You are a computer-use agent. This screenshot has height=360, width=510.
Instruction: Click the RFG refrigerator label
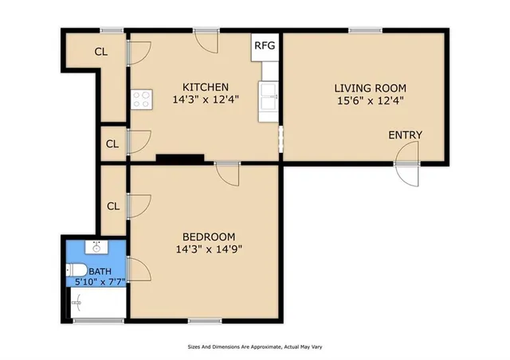pos(265,45)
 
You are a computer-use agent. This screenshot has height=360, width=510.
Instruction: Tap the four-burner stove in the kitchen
pos(142,100)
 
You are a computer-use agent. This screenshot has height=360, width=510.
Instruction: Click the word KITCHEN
pos(206,87)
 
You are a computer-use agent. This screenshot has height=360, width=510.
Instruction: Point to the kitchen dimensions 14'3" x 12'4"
pos(206,100)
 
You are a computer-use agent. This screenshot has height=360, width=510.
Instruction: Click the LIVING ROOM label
pos(370,88)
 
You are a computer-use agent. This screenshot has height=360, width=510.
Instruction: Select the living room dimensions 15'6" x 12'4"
pos(370,101)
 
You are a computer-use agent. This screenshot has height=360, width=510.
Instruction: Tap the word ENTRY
pos(405,135)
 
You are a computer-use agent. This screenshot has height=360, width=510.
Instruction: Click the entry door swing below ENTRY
pos(408,174)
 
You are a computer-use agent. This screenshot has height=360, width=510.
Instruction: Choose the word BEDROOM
pos(209,237)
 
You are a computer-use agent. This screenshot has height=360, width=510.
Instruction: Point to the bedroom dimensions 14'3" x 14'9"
pos(209,249)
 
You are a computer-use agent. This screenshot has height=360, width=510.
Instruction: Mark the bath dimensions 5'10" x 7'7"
pos(96,281)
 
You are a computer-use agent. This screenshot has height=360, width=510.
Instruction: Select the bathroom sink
pos(96,246)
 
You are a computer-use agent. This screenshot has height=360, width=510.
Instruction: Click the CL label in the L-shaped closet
pos(101,53)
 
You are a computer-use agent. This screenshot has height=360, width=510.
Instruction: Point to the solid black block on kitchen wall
pos(174,158)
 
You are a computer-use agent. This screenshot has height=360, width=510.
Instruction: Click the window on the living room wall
pos(365,31)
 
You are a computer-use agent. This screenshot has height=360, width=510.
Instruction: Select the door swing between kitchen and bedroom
pos(228,173)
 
